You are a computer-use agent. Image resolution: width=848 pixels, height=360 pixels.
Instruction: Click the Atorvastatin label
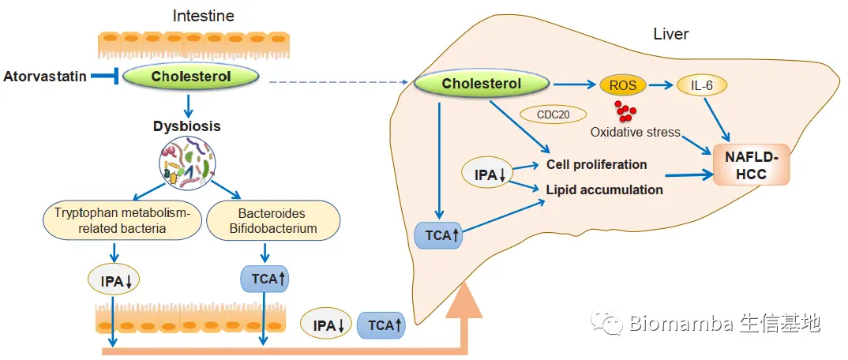point(45,77)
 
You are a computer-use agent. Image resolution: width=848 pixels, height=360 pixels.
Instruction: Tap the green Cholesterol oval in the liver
point(481,84)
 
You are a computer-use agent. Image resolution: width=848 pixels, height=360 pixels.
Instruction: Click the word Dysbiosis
point(186,126)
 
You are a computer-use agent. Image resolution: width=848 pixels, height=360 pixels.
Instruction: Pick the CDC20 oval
point(553,114)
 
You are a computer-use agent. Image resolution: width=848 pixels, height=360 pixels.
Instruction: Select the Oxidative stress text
point(635,132)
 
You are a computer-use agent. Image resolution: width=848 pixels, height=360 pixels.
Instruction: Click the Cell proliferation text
point(596,164)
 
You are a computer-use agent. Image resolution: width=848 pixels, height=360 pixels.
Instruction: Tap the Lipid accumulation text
point(604,189)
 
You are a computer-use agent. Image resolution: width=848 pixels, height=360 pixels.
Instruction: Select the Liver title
point(670,34)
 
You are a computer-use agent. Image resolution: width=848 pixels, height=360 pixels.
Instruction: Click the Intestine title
point(203,16)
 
